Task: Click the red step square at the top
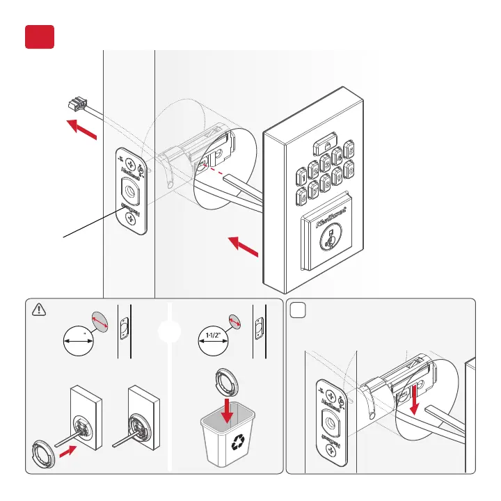pyautogui.click(x=39, y=37)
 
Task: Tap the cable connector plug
pyautogui.click(x=72, y=104)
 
